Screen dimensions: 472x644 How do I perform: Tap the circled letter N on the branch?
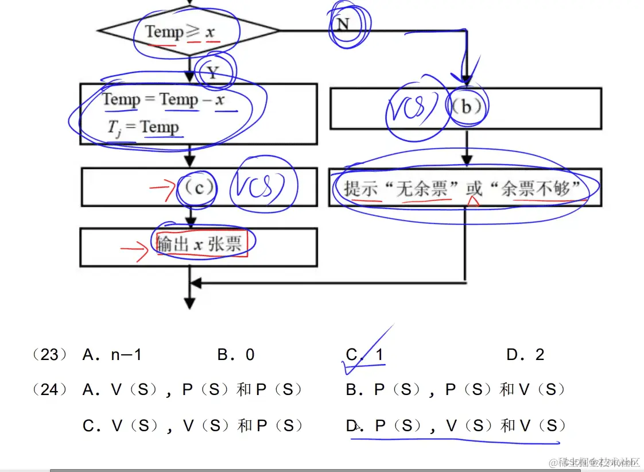tap(343, 24)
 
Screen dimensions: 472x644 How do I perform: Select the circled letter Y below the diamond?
tap(213, 72)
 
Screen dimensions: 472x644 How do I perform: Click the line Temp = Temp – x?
tap(164, 99)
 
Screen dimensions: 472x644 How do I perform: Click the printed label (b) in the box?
tap(466, 107)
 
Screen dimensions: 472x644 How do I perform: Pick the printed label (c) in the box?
tap(196, 187)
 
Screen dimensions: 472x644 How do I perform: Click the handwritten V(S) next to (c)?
tap(263, 187)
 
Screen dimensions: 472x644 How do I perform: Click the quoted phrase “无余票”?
tap(421, 188)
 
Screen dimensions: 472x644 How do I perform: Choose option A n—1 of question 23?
tap(112, 355)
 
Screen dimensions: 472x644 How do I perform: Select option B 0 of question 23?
tap(236, 355)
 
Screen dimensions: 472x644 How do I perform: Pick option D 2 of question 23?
tap(525, 355)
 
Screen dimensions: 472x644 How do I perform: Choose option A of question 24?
tap(192, 390)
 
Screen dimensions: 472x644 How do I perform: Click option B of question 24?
tap(456, 390)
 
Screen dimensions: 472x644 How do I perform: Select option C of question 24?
tap(192, 425)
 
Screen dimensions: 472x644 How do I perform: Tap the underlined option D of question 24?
tap(456, 425)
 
